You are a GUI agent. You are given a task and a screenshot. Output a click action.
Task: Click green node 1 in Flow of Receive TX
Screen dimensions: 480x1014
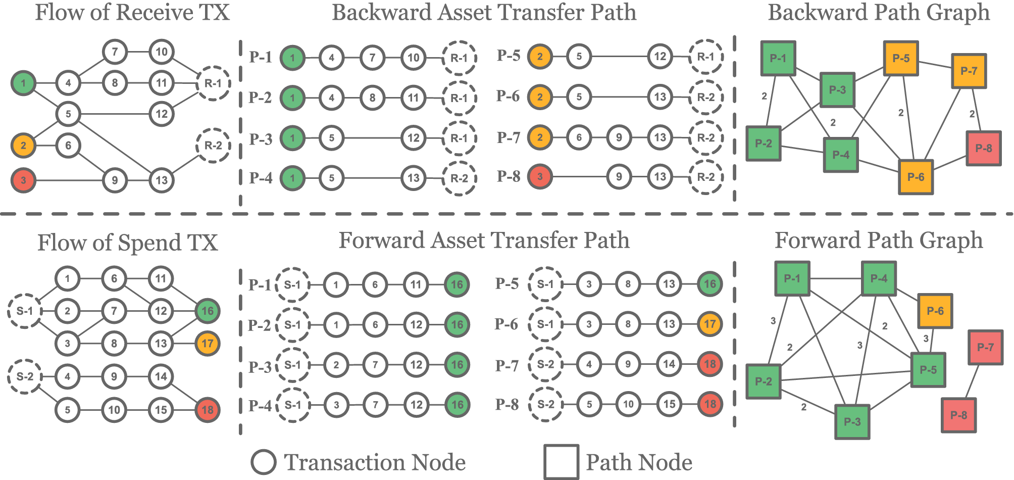point(23,83)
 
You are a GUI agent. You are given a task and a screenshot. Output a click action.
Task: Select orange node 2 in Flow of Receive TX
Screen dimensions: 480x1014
point(23,146)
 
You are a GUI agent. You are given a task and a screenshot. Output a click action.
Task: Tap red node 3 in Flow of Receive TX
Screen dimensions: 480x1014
point(23,180)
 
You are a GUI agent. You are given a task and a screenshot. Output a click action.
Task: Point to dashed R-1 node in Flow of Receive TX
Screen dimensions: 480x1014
point(213,83)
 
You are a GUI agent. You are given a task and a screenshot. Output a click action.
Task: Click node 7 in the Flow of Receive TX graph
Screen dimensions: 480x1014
point(115,52)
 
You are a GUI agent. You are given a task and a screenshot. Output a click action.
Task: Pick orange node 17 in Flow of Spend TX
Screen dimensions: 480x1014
point(207,344)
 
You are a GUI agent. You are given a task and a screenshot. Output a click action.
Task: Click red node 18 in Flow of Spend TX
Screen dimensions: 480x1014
point(207,409)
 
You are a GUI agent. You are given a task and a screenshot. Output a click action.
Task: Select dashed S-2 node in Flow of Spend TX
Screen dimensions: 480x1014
point(25,376)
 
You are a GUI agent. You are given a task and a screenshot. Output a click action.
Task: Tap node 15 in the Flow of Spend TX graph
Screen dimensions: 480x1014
point(161,409)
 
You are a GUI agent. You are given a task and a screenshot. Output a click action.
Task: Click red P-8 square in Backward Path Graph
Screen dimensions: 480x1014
point(983,148)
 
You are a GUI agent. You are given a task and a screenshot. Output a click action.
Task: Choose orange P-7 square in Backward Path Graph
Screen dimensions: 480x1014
point(969,71)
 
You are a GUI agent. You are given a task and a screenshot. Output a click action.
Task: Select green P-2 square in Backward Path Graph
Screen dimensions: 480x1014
point(763,143)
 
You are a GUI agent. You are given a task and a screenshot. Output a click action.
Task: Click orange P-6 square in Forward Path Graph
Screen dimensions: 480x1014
point(935,311)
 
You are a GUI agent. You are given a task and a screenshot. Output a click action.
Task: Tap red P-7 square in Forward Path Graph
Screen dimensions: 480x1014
point(985,347)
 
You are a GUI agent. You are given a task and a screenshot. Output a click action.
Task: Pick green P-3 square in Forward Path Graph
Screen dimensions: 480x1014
point(852,421)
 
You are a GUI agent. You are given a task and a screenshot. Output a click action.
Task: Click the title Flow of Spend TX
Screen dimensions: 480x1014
point(127,243)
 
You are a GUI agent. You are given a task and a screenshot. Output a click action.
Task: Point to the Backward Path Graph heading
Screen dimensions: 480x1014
point(879,13)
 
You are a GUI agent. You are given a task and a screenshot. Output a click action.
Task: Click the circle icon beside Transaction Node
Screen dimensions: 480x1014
point(263,462)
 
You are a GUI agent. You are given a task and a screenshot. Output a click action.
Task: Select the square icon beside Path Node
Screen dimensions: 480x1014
point(561,462)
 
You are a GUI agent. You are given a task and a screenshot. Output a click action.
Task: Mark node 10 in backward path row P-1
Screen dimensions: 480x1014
point(413,58)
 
